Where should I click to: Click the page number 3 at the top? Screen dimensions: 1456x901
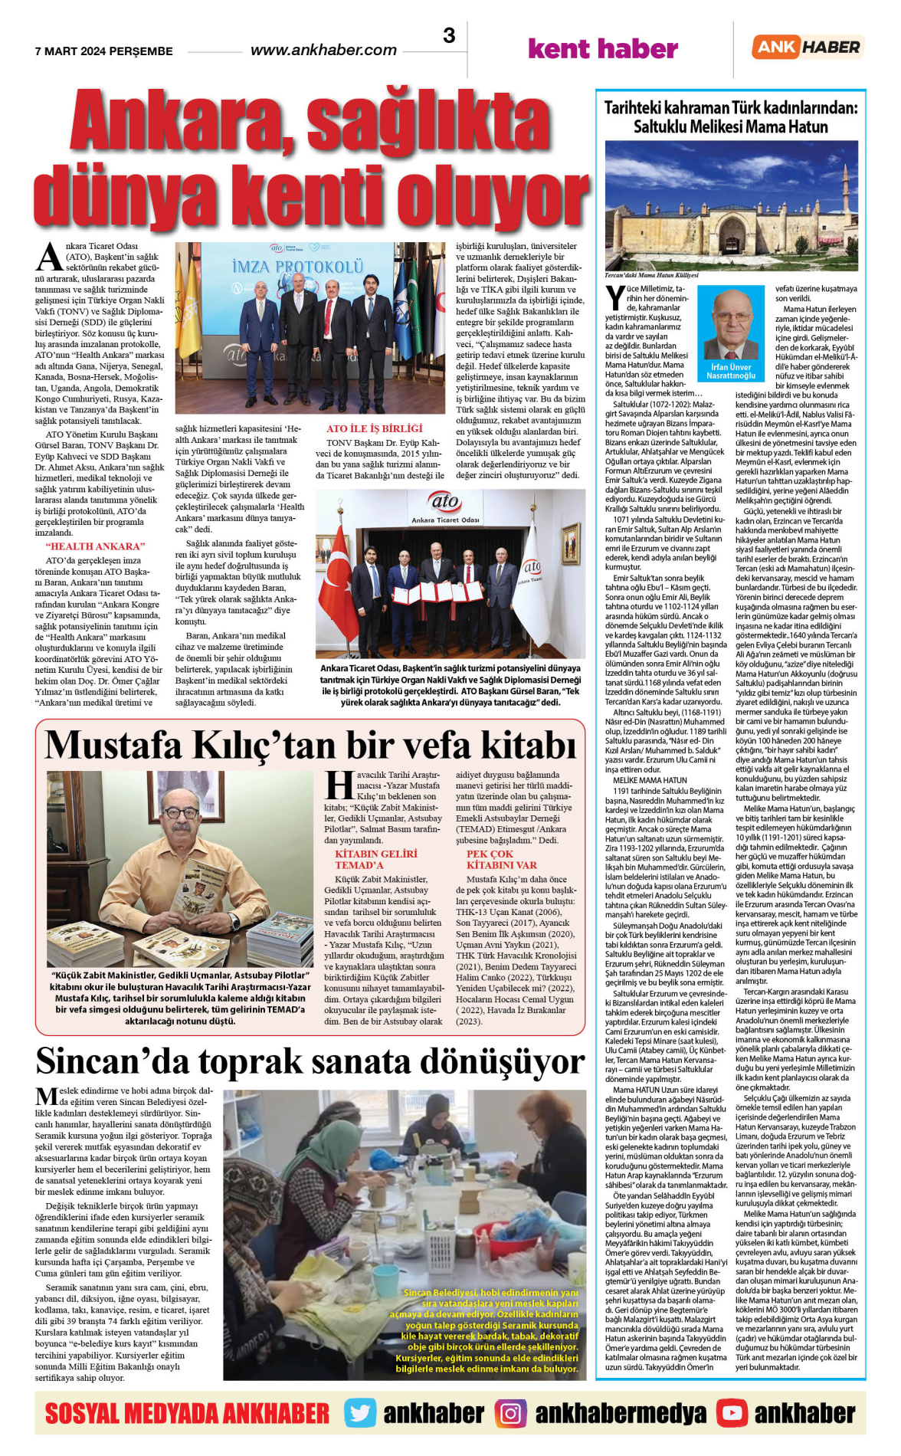tap(449, 35)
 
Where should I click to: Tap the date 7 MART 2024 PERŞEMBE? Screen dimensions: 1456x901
tap(104, 51)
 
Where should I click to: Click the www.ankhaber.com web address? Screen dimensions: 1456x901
tap(323, 51)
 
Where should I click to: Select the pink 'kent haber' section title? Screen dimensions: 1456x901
tap(603, 49)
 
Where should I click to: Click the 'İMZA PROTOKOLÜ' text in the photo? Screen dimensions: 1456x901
tap(297, 267)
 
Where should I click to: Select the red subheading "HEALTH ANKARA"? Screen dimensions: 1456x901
tap(95, 546)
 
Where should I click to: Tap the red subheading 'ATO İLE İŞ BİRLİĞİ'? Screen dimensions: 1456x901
tap(375, 428)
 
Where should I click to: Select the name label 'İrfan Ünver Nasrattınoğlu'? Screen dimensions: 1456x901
tap(730, 372)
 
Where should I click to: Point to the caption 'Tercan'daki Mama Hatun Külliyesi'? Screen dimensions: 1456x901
tap(651, 275)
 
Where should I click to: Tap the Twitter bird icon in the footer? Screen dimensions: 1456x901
tap(359, 1413)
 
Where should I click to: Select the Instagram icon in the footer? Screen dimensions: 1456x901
tap(510, 1413)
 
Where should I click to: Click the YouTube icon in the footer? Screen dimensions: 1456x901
tap(732, 1413)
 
